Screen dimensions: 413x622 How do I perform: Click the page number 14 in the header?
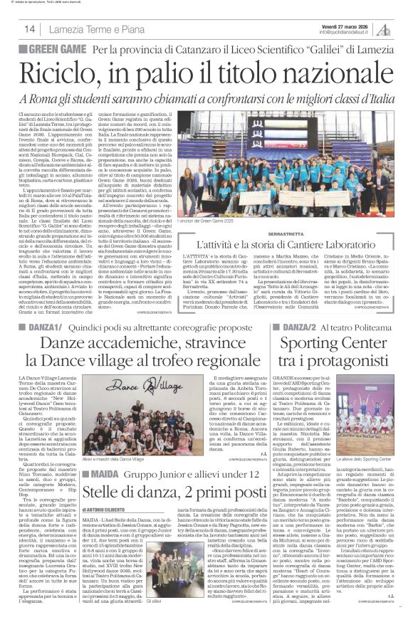pos(30,28)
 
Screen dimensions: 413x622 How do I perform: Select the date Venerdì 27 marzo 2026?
pos(340,24)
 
